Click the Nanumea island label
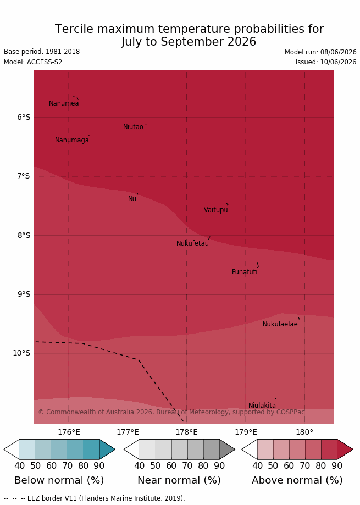pyautogui.click(x=64, y=103)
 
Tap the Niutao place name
pyautogui.click(x=133, y=127)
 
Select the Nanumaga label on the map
pyautogui.click(x=72, y=141)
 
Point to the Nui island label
pyautogui.click(x=133, y=199)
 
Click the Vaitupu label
pyautogui.click(x=216, y=210)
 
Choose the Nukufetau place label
pyautogui.click(x=192, y=243)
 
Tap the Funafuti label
pyautogui.click(x=245, y=272)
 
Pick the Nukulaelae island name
pyautogui.click(x=280, y=324)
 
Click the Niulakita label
pyautogui.click(x=262, y=406)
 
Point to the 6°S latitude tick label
pyautogui.click(x=24, y=117)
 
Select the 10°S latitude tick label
pyautogui.click(x=21, y=353)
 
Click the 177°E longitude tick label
pyautogui.click(x=128, y=432)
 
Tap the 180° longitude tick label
pyautogui.click(x=304, y=432)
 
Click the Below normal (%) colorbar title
pyautogui.click(x=59, y=480)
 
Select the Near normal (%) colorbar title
pyautogui.click(x=179, y=480)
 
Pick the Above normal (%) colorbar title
pyautogui.click(x=297, y=480)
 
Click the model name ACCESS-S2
pyautogui.click(x=45, y=62)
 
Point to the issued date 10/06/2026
pyautogui.click(x=338, y=62)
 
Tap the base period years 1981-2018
pyautogui.click(x=63, y=52)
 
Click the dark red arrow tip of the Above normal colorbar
pyautogui.click(x=353, y=449)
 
